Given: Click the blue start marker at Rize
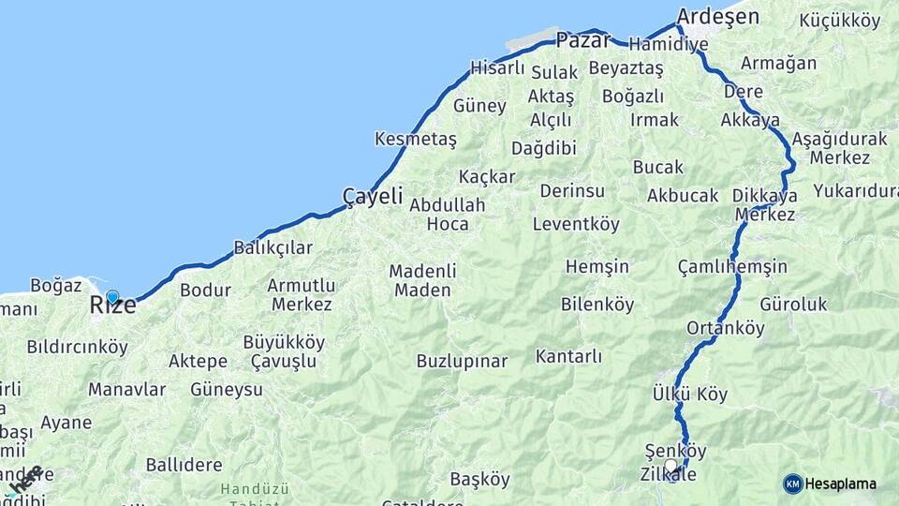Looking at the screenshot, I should (112, 298).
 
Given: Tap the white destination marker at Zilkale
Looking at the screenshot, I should (671, 465).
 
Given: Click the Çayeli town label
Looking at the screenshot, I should (373, 197).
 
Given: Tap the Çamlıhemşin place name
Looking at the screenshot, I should (732, 267).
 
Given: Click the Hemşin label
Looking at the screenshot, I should (597, 267).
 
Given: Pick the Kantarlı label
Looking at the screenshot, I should (568, 356).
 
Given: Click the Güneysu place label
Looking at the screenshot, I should (227, 389).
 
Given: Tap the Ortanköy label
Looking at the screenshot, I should (726, 328).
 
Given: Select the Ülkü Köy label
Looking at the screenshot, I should (690, 394).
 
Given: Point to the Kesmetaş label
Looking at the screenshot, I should (415, 139).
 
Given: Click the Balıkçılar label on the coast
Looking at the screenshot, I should (273, 248).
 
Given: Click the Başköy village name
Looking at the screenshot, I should (480, 479).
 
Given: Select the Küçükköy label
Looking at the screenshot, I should (840, 21).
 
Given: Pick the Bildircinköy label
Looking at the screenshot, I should (77, 347).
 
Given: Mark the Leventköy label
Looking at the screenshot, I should (576, 224).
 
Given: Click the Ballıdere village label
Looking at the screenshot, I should (184, 465).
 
